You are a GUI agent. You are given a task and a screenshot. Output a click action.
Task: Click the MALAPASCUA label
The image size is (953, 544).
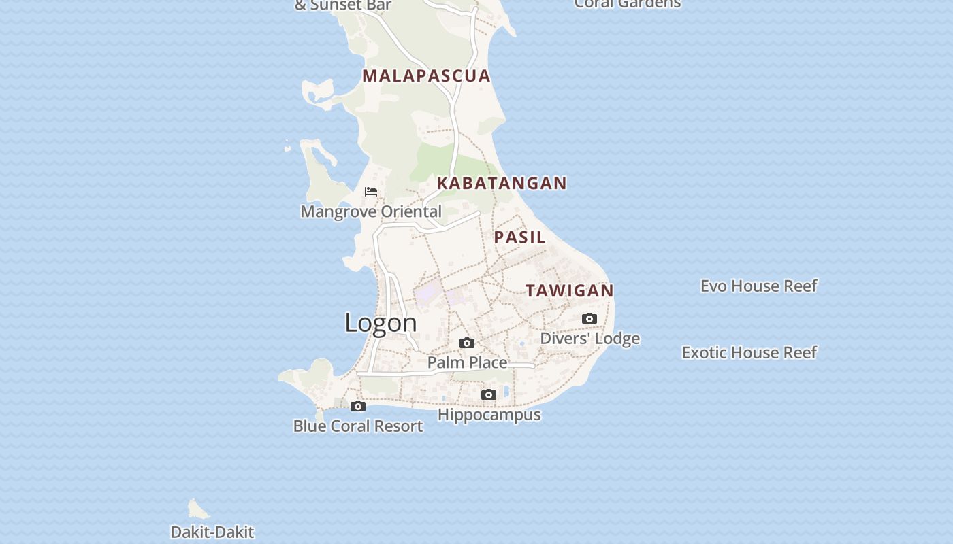tap(426, 75)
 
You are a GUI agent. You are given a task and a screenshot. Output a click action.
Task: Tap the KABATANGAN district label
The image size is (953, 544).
tap(502, 183)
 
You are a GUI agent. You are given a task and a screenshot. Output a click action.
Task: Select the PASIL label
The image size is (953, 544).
tap(519, 237)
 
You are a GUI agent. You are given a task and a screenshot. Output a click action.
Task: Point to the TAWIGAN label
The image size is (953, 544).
tap(569, 290)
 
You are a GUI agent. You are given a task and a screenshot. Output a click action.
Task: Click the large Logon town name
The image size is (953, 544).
tap(381, 322)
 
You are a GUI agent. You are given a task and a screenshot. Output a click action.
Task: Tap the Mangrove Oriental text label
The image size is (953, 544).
tap(371, 211)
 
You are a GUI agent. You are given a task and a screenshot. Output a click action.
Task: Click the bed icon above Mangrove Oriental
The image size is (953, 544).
tap(371, 192)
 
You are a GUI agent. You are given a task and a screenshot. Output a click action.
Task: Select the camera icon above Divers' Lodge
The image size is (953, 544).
tap(589, 318)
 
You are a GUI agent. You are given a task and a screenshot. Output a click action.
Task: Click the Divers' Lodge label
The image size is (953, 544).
tap(589, 339)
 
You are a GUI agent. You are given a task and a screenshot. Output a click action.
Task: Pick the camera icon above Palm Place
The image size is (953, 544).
tap(466, 343)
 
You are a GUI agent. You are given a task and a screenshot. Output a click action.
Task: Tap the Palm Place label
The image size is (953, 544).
tap(467, 362)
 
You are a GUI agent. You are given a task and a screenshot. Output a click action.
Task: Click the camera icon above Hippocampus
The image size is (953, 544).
tap(488, 394)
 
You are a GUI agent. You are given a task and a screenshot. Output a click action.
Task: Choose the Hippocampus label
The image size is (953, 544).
tap(489, 415)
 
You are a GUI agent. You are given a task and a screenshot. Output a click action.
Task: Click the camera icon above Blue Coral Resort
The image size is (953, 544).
tap(357, 407)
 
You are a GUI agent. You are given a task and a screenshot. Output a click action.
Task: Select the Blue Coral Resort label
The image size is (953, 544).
tap(358, 426)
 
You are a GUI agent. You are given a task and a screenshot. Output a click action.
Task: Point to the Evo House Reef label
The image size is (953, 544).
tap(758, 286)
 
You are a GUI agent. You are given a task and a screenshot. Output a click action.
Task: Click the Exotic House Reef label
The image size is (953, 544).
tap(749, 352)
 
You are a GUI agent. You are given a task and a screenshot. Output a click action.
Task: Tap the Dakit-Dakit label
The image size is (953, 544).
tap(212, 532)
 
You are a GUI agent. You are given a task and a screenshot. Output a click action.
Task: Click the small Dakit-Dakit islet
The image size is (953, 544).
tap(198, 509)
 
